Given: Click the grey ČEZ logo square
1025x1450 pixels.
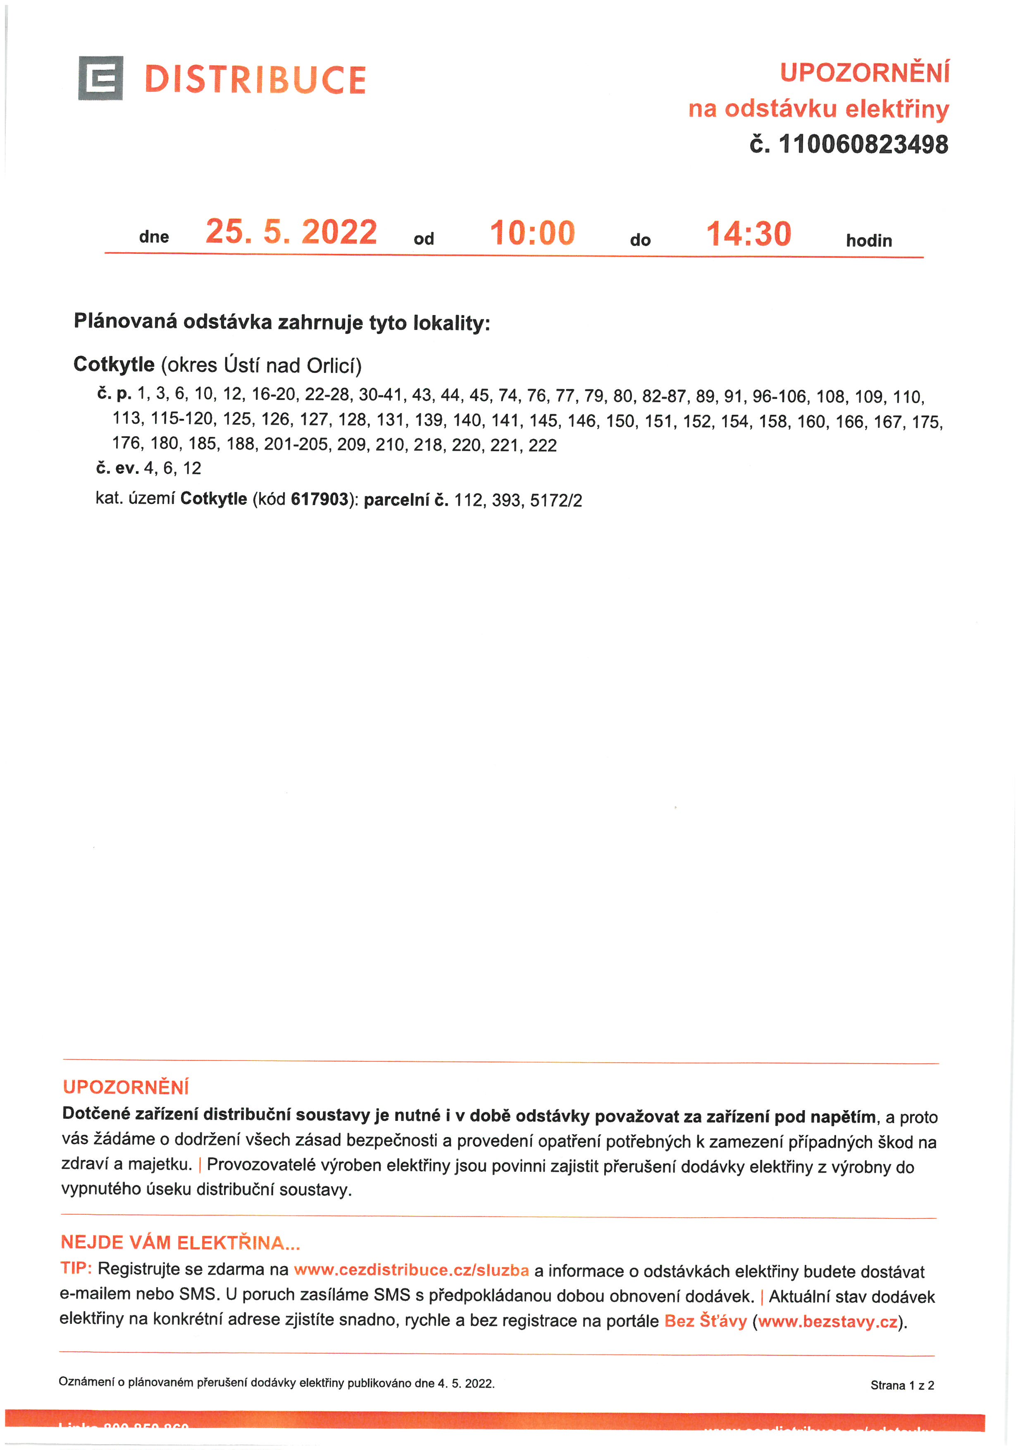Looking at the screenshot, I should (x=100, y=78).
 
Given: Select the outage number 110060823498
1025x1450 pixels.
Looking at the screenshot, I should (x=863, y=145).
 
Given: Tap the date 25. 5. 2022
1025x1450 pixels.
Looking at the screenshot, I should (x=291, y=232).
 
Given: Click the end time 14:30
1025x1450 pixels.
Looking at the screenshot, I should (x=748, y=234).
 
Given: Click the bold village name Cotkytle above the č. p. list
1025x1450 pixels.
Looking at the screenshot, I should (x=114, y=364).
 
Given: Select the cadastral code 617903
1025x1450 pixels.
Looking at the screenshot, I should (x=319, y=499).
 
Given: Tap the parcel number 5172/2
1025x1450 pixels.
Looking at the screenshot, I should (x=555, y=501).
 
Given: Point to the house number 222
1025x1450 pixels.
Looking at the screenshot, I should (x=542, y=446).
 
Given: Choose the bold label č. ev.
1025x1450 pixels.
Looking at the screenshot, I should (x=117, y=468).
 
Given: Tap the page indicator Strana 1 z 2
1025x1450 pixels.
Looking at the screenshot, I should (x=902, y=1386).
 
